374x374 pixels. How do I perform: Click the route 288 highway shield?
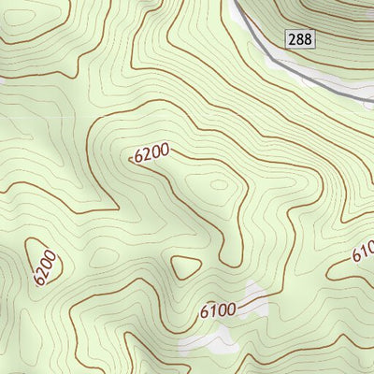(301, 38)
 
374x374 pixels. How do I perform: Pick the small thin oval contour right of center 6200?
(219, 184)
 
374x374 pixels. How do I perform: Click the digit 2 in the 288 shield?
(294, 38)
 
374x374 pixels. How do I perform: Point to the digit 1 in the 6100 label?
(212, 311)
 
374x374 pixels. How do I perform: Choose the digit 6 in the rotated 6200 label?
(38, 280)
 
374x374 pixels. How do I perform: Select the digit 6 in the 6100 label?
(204, 314)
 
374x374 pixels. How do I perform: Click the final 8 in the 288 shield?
(309, 38)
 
